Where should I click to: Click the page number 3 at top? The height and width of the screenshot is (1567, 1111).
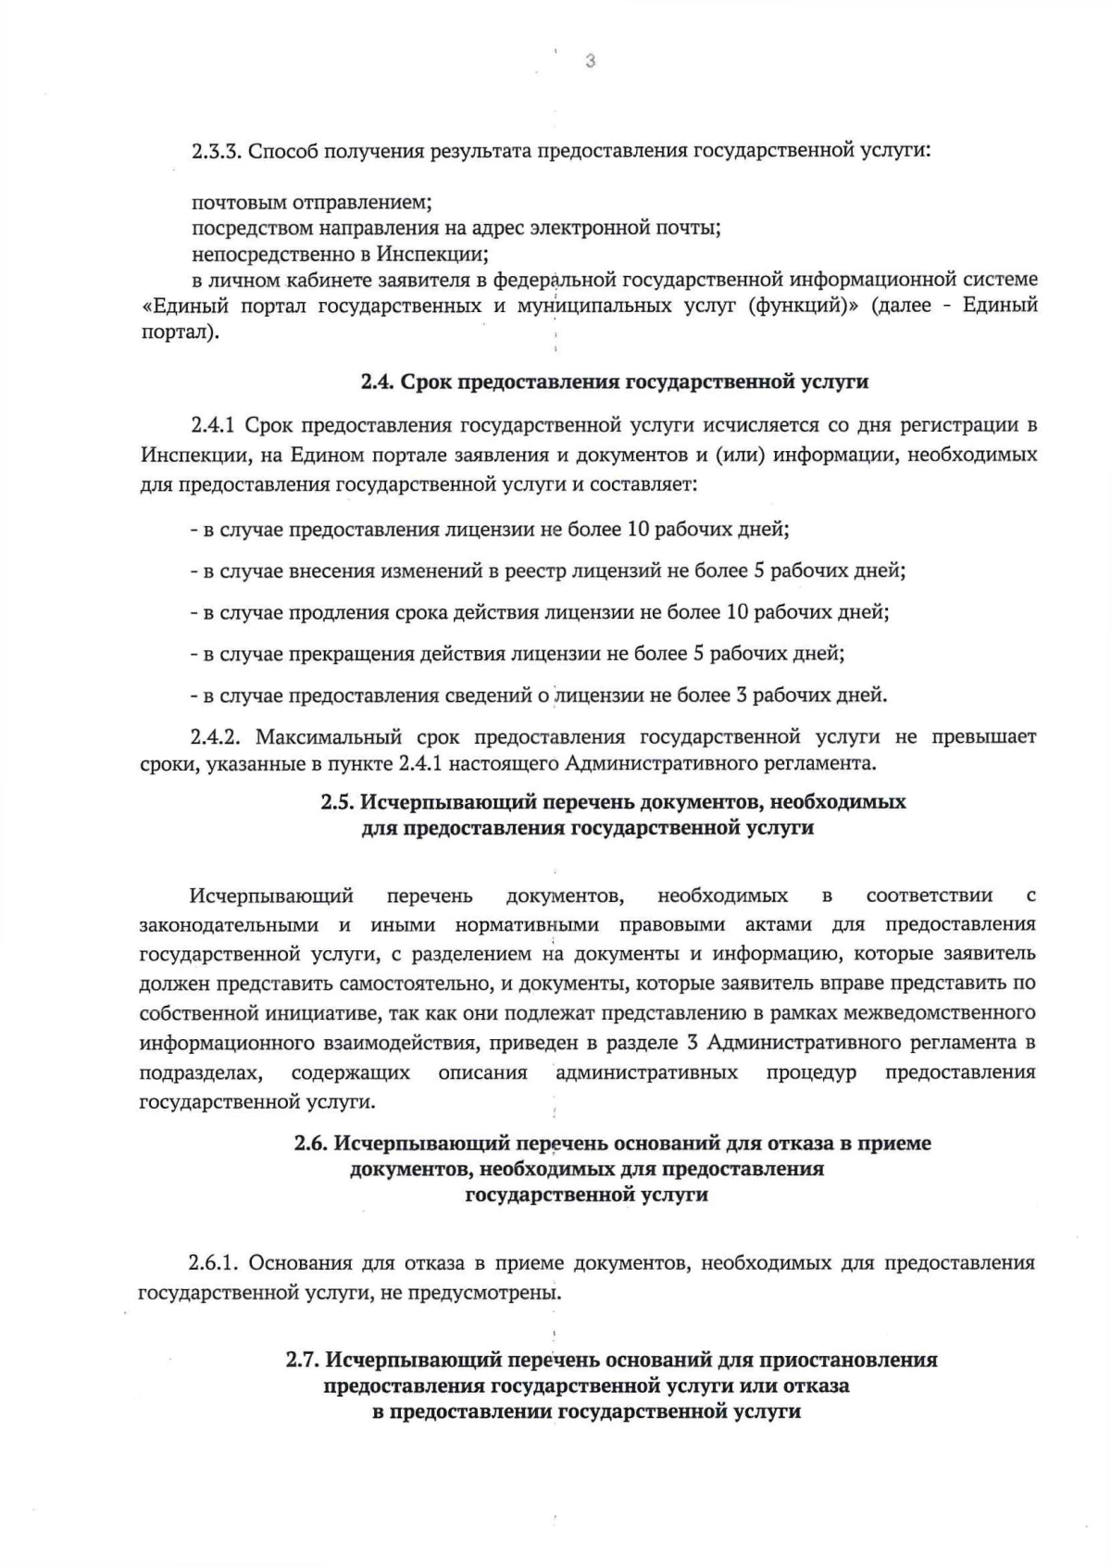click(589, 62)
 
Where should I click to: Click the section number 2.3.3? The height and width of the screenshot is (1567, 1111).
click(216, 151)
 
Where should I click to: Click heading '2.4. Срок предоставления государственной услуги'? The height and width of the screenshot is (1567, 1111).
click(614, 382)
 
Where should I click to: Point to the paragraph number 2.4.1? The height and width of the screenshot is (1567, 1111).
click(215, 425)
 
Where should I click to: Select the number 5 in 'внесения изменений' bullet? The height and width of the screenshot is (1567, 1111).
click(758, 570)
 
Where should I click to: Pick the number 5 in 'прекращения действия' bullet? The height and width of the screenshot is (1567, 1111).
click(697, 654)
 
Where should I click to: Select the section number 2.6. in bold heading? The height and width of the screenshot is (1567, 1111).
click(311, 1144)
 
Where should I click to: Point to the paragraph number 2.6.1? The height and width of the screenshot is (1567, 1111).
click(215, 1263)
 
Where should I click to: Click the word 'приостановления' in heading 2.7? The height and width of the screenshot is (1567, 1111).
click(848, 1360)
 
